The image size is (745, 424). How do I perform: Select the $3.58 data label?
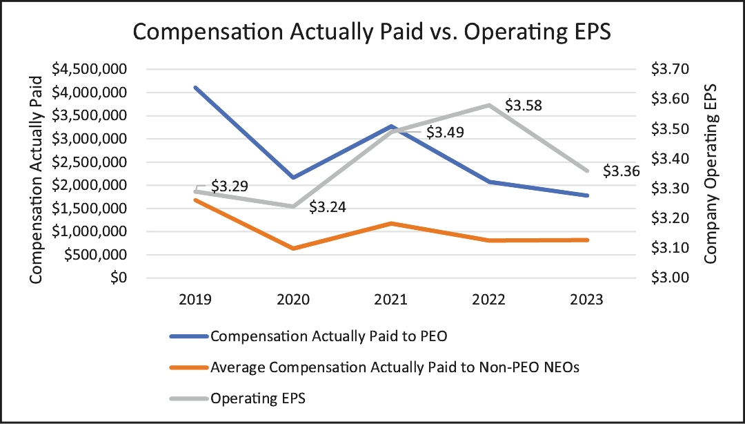(524, 106)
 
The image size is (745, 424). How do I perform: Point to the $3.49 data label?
(444, 133)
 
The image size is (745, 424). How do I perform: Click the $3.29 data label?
(230, 186)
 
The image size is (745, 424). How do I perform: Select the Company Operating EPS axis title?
(711, 174)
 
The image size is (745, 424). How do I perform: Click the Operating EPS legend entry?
(259, 398)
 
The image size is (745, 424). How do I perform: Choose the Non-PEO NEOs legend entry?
(395, 367)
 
